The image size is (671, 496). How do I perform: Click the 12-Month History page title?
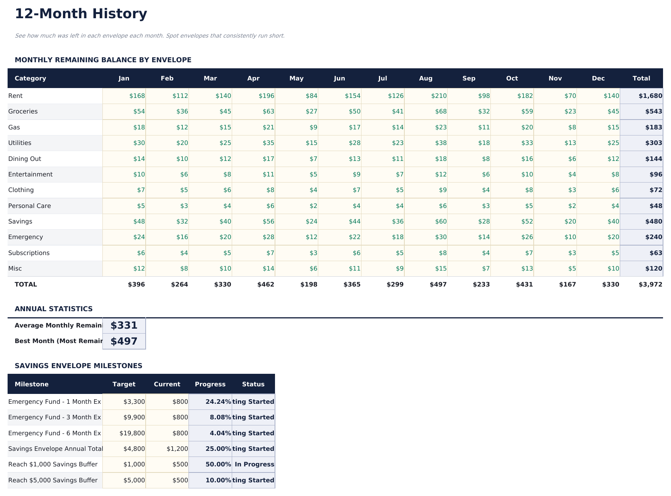coord(81,14)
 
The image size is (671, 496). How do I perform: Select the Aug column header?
coord(426,79)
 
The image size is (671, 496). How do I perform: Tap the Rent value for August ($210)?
coord(439,96)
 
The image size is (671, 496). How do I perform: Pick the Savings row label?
coord(20,222)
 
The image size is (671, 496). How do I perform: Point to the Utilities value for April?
coord(268,143)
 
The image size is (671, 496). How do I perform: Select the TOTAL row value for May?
coord(309,285)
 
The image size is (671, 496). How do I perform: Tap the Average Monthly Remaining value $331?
coord(124,326)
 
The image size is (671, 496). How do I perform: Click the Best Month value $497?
coord(124,341)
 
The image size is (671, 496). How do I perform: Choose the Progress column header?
coord(210,384)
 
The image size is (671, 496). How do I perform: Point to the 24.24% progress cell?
coord(218,402)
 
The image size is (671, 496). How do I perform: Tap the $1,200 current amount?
coord(177,449)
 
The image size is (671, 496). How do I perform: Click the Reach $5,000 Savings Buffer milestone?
coord(53,480)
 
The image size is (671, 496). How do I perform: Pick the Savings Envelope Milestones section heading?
coord(79,366)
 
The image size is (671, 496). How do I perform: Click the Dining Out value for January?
coord(139,159)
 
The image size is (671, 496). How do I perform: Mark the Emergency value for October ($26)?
coord(527,237)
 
